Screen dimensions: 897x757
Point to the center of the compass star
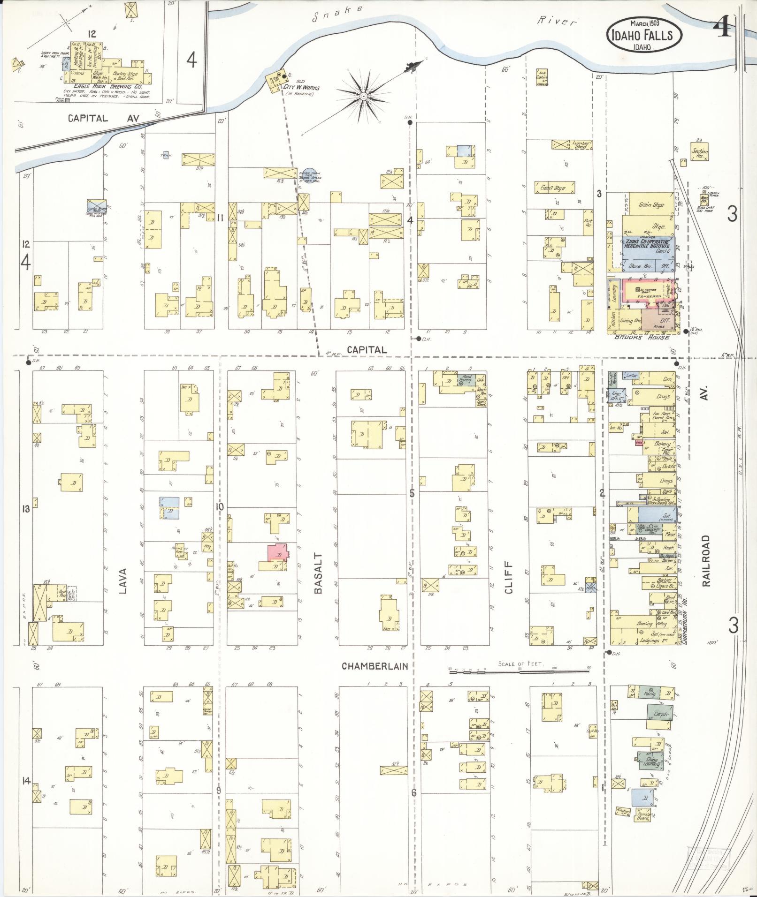pos(364,97)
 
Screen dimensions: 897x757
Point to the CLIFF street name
pos(509,578)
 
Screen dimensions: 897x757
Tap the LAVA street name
pos(123,581)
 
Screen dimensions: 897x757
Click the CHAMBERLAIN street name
pos(375,666)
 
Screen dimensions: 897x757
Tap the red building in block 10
pos(277,552)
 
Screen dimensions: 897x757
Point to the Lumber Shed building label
pos(582,145)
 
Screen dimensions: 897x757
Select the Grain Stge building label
pos(651,205)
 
